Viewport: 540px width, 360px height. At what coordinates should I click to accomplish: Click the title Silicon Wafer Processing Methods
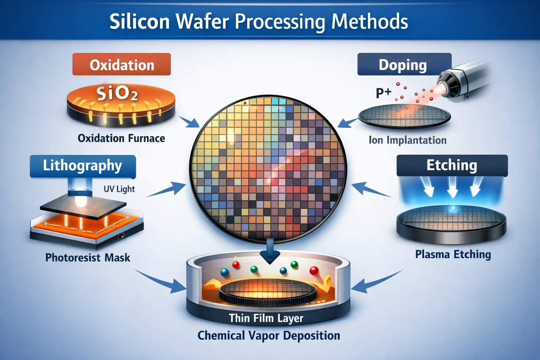[x=258, y=22]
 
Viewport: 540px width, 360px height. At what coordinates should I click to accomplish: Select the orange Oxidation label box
[x=122, y=64]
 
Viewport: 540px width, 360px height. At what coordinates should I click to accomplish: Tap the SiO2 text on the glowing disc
[x=117, y=94]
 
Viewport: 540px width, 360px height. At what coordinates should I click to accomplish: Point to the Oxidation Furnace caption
[x=121, y=138]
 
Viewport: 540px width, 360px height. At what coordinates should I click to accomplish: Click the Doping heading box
[x=404, y=64]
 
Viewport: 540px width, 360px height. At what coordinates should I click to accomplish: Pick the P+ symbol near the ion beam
[x=383, y=93]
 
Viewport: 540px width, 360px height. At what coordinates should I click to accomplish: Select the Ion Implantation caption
[x=407, y=140]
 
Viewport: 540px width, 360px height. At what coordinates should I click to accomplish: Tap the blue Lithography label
[x=83, y=166]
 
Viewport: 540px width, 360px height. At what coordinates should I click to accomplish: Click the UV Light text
[x=119, y=189]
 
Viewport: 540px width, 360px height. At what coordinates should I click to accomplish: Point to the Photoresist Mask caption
[x=88, y=258]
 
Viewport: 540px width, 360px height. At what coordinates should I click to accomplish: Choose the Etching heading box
[x=452, y=165]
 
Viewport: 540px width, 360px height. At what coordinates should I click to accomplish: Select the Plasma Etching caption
[x=453, y=254]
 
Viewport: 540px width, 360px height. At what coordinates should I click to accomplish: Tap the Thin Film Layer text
[x=266, y=318]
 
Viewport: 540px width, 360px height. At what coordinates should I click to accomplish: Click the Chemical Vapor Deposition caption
[x=269, y=335]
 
